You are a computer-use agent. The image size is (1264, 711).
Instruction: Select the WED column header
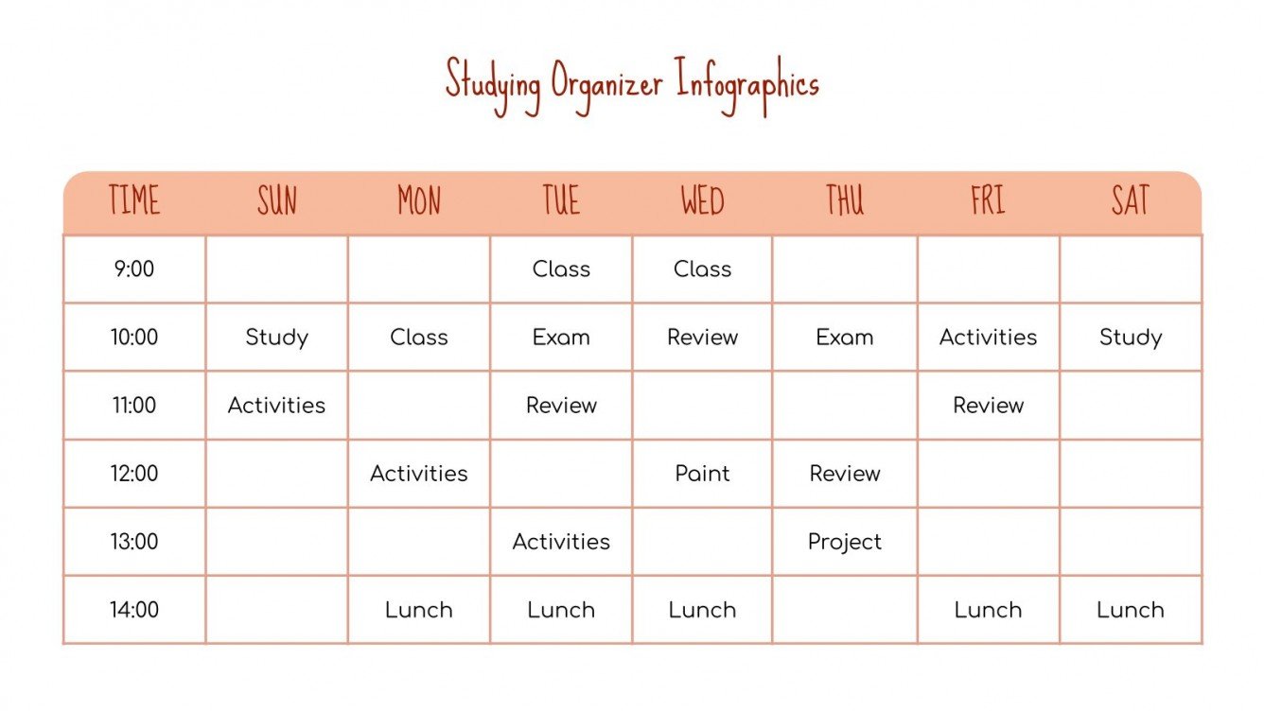702,200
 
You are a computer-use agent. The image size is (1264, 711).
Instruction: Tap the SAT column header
1130,200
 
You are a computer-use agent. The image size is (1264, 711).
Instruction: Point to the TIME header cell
134,200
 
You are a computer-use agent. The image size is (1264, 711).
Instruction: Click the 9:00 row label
134,269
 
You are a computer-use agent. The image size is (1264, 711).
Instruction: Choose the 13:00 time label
134,542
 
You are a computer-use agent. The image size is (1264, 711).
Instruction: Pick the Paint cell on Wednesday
702,474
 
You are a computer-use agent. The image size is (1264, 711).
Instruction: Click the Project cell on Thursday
844,542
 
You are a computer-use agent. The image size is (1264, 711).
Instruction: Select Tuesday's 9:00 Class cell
561,269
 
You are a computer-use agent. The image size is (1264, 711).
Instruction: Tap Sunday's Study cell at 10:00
276,338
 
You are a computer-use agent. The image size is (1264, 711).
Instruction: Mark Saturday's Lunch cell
1130,610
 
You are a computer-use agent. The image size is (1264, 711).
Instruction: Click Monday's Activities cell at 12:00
418,474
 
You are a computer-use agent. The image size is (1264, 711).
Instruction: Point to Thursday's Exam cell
844,338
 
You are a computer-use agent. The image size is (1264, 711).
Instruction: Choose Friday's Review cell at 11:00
988,406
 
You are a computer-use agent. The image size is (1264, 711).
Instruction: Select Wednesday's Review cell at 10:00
702,338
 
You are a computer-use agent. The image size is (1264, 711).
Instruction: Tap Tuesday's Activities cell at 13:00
561,542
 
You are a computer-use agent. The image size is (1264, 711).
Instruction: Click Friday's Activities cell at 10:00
988,338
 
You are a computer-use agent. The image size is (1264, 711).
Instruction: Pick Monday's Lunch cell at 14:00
418,610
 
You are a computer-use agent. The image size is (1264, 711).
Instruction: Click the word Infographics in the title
746,84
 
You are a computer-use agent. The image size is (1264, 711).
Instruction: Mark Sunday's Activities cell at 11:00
276,406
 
